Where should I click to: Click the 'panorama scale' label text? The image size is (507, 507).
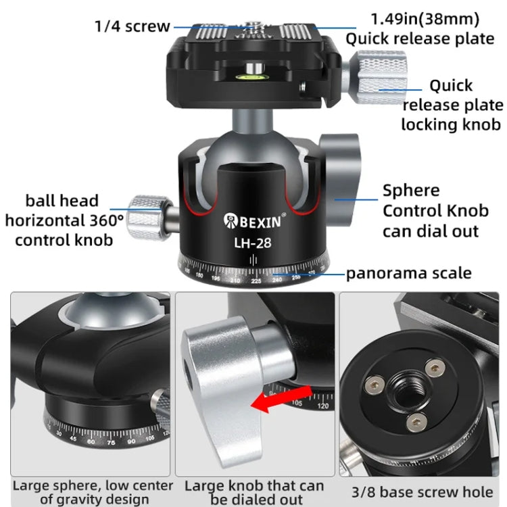[x=409, y=273]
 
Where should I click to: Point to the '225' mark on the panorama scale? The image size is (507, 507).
[x=256, y=280]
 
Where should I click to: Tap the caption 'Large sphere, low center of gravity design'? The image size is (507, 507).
[x=93, y=492]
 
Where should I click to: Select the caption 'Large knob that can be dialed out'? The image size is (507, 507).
[x=254, y=492]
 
